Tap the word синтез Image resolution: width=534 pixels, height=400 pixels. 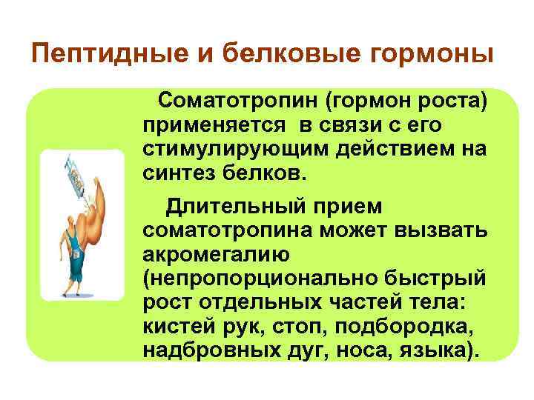tap(176, 173)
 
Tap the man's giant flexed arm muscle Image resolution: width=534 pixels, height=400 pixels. tap(100, 219)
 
